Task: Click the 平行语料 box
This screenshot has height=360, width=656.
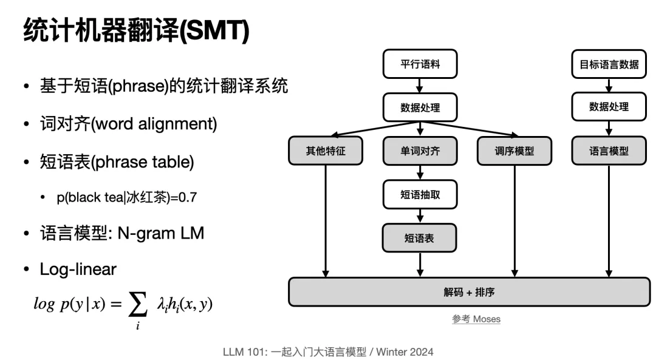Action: (420, 64)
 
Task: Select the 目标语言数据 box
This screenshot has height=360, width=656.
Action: (609, 64)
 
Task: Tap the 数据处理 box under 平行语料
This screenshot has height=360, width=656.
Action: (420, 107)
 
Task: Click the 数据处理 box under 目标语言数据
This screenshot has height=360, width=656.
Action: (609, 107)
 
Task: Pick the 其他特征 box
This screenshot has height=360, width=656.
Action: (326, 151)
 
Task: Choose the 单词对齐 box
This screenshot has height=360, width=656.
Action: (420, 151)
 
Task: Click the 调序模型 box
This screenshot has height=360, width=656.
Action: (514, 151)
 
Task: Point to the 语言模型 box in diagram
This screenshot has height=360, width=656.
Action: (609, 151)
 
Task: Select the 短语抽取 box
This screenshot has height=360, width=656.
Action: (420, 195)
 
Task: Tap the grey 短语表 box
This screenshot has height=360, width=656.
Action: (420, 239)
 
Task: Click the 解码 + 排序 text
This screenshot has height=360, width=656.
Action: (469, 292)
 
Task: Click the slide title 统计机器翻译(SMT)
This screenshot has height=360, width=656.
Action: (136, 30)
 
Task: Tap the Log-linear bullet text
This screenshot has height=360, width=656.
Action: (78, 269)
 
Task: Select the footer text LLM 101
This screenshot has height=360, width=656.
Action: (244, 352)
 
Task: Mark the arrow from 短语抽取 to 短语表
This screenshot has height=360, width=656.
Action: (420, 216)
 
